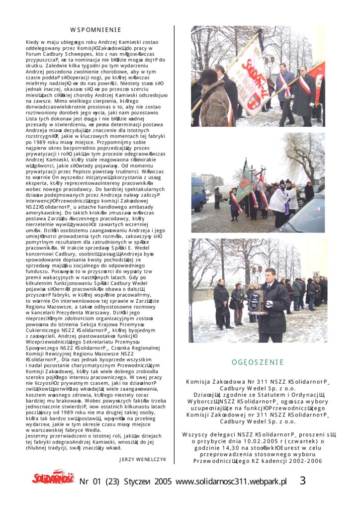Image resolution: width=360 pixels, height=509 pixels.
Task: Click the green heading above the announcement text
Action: point(257,362)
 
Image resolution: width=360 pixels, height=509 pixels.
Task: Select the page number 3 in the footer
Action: point(302,481)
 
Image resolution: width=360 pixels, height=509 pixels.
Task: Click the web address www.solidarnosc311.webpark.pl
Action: point(231,481)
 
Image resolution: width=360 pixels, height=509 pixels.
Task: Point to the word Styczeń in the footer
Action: point(134,481)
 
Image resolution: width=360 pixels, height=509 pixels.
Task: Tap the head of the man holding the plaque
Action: point(269,274)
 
